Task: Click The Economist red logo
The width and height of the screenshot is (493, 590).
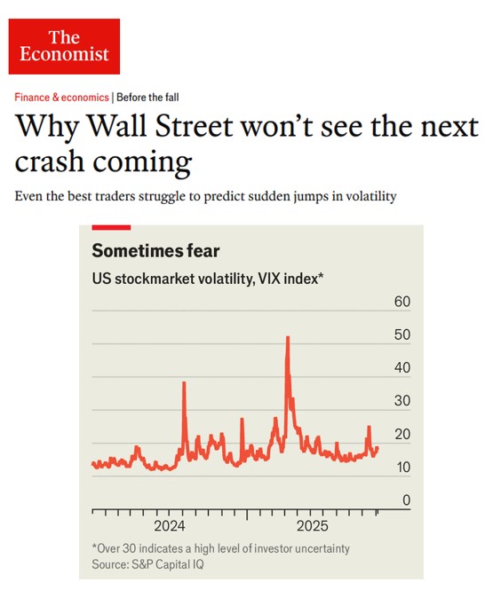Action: click(64, 46)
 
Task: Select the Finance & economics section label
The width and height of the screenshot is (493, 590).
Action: click(61, 98)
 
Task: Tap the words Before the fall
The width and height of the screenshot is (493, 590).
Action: click(148, 98)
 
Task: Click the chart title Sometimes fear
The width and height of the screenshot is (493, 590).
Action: click(155, 251)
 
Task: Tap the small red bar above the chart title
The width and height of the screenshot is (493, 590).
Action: click(111, 228)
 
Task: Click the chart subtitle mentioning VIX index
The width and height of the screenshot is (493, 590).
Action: click(207, 279)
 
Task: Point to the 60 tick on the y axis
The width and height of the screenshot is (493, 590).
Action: click(401, 303)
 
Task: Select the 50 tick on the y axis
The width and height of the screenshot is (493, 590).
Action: click(401, 335)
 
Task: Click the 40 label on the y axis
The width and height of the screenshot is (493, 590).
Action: click(401, 368)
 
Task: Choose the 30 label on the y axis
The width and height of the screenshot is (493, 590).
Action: click(401, 401)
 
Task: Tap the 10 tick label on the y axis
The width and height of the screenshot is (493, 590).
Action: click(401, 468)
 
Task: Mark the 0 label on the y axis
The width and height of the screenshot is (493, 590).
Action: click(406, 500)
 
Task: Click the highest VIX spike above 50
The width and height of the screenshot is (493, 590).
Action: click(287, 338)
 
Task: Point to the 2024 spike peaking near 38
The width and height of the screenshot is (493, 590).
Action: click(184, 382)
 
